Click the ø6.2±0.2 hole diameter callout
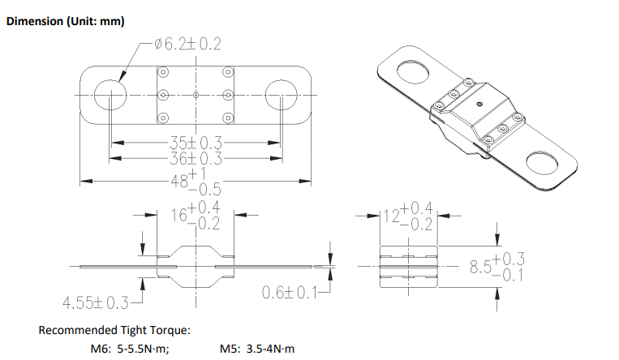187,44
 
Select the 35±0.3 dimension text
196,143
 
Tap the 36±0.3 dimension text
196,159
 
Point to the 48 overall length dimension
196,182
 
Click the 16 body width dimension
196,216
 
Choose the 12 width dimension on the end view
408,216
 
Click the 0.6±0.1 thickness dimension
290,293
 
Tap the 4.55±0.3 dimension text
96,303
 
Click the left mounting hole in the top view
110,95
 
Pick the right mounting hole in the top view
281,95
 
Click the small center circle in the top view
196,95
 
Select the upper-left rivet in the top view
163,72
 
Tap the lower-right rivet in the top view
228,118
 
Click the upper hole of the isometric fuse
413,72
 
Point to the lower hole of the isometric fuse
544,163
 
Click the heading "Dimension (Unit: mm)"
66,21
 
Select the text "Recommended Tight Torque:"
114,330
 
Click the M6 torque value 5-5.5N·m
144,349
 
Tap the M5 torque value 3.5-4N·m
270,349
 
